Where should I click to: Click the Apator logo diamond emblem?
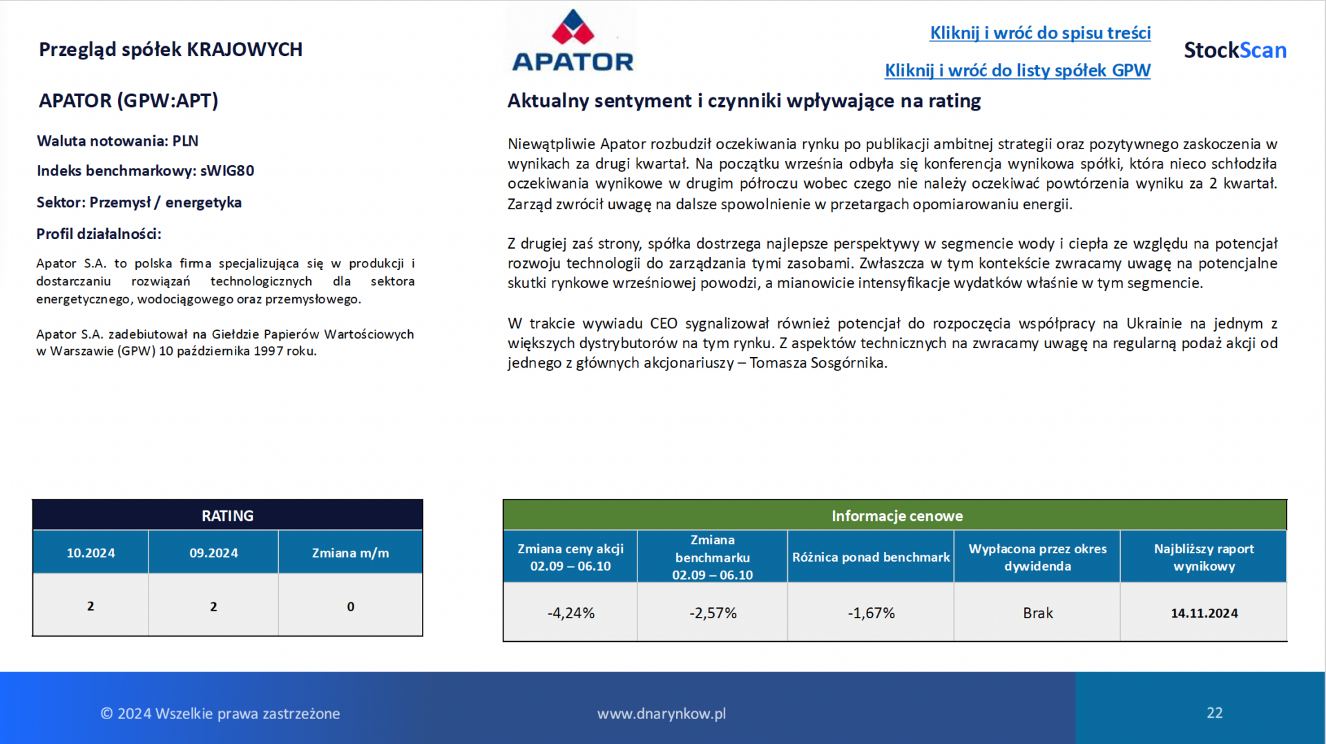[573, 27]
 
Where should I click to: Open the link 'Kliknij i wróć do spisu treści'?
[1040, 32]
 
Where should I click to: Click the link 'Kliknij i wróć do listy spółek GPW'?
[1017, 70]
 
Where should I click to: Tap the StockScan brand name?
[1235, 50]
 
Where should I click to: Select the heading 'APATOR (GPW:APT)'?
[128, 101]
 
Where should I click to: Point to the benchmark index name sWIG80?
[227, 171]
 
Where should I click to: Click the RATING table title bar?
[227, 515]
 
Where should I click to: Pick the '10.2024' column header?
[90, 553]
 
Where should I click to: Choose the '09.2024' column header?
[213, 553]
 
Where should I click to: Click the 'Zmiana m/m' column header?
[350, 553]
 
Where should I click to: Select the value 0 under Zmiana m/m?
[350, 607]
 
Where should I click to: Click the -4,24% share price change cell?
[570, 613]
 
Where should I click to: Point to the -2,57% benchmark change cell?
[713, 613]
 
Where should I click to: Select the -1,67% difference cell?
[871, 613]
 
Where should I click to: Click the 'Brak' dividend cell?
[1037, 613]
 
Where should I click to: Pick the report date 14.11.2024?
[1204, 613]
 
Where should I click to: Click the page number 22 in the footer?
[1215, 713]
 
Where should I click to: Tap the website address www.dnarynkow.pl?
[662, 714]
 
